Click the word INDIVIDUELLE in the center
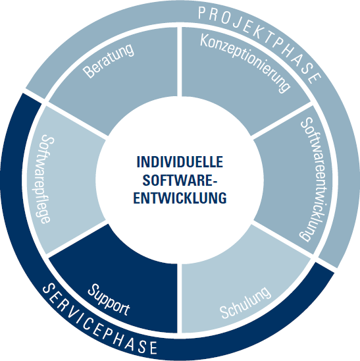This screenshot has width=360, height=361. (x=180, y=162)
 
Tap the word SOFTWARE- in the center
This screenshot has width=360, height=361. (x=180, y=180)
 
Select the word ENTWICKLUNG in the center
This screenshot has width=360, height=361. (x=180, y=198)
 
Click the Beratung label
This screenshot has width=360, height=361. (x=108, y=61)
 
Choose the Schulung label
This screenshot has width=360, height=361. (x=245, y=302)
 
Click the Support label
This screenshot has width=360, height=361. (x=109, y=300)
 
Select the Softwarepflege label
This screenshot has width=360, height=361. (x=45, y=179)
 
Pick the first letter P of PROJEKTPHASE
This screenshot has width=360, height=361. (x=202, y=13)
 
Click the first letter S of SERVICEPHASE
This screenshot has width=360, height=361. (x=48, y=289)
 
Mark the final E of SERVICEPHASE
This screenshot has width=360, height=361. (x=153, y=348)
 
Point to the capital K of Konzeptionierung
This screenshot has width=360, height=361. (x=205, y=41)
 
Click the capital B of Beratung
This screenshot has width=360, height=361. (x=89, y=72)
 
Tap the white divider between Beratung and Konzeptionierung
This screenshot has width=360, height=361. (x=180, y=62)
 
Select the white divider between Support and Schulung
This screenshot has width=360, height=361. (x=180, y=298)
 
